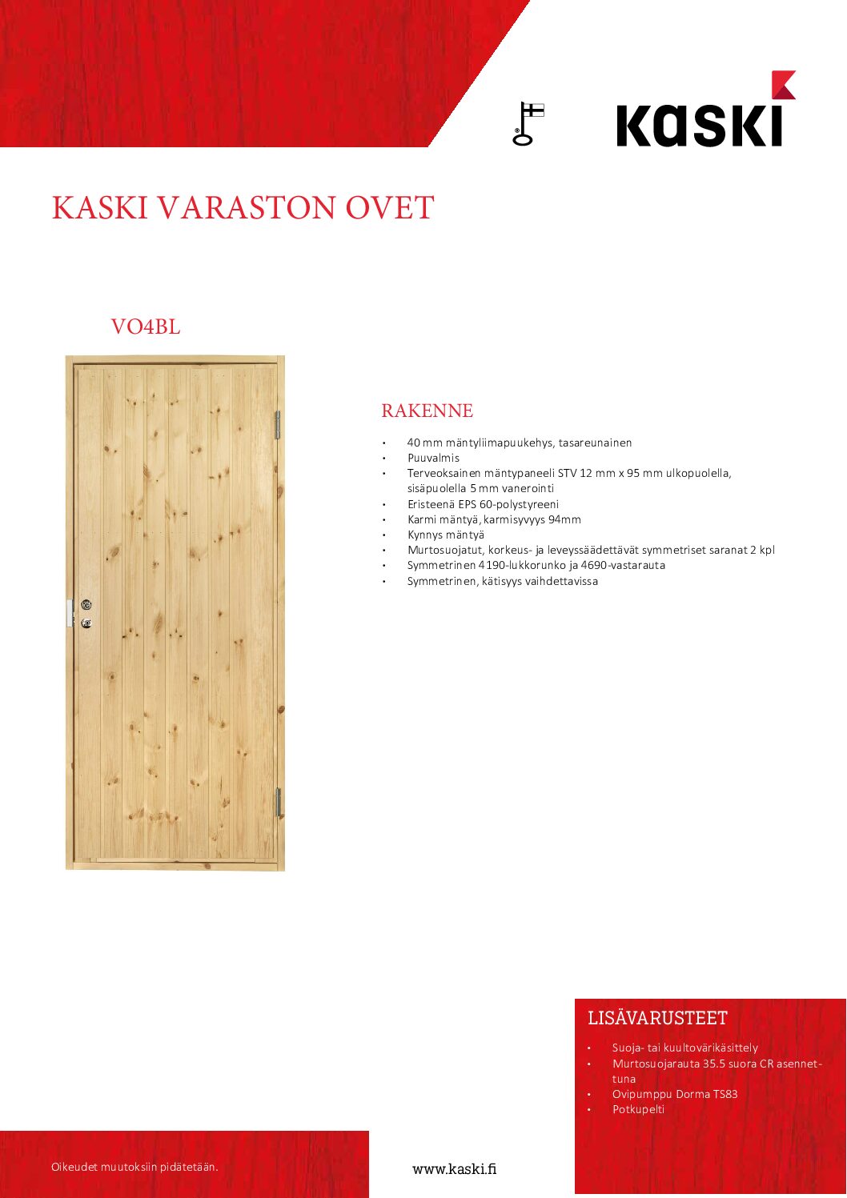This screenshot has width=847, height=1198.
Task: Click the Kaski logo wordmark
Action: (698, 126)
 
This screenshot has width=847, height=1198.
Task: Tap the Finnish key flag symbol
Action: (527, 123)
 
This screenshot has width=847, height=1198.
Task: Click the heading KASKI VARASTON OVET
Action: (243, 208)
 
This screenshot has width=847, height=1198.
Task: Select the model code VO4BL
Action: (146, 327)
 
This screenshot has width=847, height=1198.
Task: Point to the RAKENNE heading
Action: (427, 411)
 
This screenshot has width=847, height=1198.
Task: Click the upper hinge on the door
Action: (278, 425)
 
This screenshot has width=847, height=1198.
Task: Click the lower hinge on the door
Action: (279, 802)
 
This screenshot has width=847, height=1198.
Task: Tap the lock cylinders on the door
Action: (86, 614)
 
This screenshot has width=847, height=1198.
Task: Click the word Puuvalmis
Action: (433, 458)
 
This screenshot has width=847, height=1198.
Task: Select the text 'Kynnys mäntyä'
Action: (445, 535)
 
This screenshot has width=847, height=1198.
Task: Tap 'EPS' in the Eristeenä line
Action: (467, 504)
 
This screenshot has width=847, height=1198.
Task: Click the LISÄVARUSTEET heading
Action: (657, 1018)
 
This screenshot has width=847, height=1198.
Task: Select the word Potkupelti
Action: (638, 1109)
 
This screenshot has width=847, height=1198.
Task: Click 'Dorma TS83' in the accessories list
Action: (707, 1094)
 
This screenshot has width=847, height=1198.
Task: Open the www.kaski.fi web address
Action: (454, 1168)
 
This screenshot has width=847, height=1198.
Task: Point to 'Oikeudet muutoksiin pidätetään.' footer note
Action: (134, 1167)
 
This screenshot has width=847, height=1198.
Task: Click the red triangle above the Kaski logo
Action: (782, 84)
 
